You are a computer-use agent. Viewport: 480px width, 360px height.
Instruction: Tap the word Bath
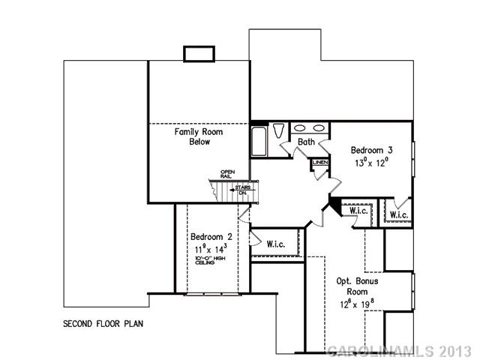point(306,141)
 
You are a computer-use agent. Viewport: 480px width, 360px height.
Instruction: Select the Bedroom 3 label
point(372,149)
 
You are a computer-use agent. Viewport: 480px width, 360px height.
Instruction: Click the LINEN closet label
point(320,161)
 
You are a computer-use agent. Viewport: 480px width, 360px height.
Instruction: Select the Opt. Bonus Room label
point(357,286)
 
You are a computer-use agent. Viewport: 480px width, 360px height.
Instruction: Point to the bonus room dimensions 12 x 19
point(357,304)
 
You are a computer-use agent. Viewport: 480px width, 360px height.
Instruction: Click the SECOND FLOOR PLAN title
point(103,325)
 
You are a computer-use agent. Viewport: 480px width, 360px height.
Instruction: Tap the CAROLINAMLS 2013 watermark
point(400,350)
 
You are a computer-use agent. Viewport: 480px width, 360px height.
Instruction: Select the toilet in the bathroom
point(278,129)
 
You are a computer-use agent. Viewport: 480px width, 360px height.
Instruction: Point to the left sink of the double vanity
point(298,128)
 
